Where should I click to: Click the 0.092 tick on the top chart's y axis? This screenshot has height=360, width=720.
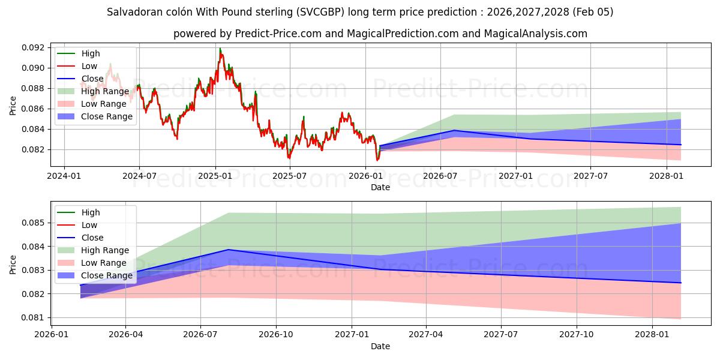34,47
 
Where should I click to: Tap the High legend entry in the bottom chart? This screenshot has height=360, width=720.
91,212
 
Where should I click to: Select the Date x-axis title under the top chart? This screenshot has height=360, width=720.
380,187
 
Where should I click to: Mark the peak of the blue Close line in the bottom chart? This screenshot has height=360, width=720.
229,250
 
